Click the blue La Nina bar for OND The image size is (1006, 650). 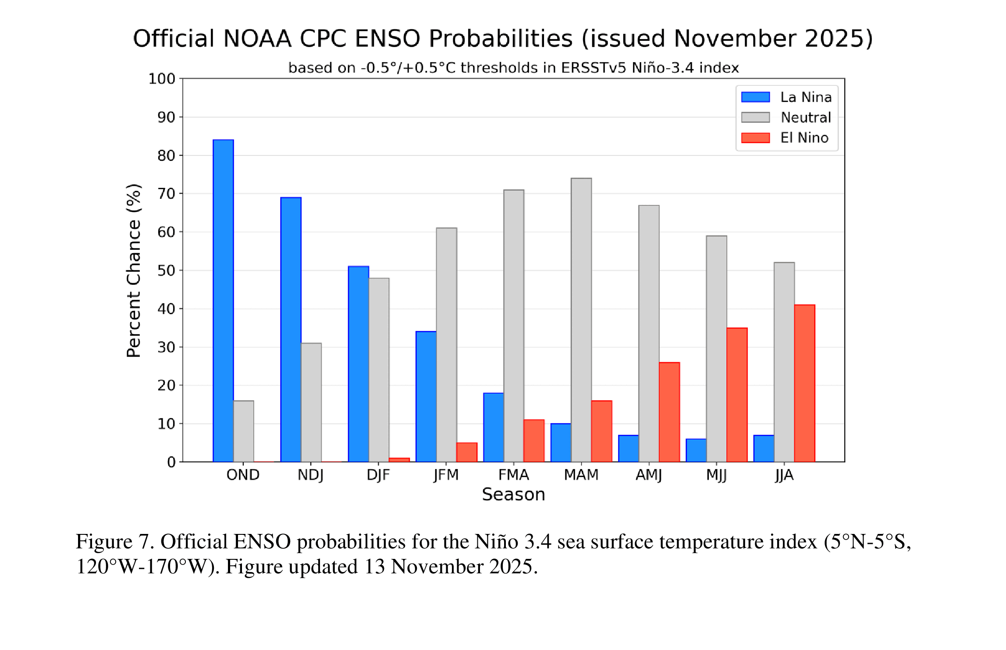pos(223,300)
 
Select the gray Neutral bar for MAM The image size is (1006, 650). pos(581,320)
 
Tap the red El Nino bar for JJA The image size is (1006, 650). pos(804,383)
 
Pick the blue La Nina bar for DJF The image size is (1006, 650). pos(358,364)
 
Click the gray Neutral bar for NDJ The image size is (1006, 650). pos(311,402)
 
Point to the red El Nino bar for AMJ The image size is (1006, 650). pos(669,412)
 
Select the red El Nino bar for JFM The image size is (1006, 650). pos(467,452)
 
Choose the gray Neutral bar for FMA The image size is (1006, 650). pos(514,325)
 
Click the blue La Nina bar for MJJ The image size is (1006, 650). pos(696,450)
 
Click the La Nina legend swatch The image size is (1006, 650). pos(755,97)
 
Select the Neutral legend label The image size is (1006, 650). pos(806,117)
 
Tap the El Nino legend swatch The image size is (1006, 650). pos(755,138)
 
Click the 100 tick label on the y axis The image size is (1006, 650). pos(162,79)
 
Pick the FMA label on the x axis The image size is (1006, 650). pos(514,475)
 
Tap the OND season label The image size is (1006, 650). pos(243,475)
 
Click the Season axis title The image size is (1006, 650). pos(513,495)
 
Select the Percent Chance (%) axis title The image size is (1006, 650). pos(134,270)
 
